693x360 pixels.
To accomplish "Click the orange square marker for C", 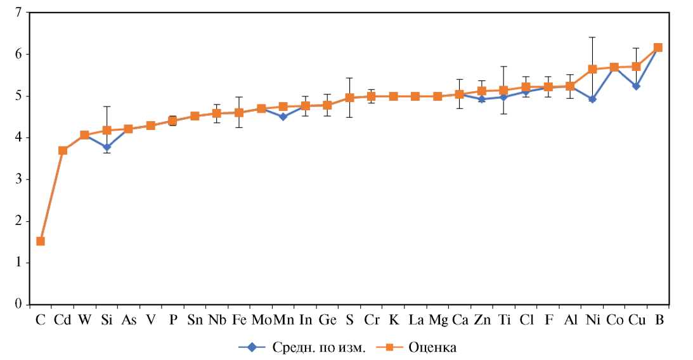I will point(41,241).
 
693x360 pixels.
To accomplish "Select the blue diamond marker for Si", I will point(107,147).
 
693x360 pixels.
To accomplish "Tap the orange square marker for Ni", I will point(592,69).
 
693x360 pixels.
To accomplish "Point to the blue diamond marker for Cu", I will point(636,86).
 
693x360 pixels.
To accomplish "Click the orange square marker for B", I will point(658,48).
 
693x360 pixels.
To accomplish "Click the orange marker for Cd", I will point(63,150).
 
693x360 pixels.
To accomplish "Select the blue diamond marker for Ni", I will point(592,99).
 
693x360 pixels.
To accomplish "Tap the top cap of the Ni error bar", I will point(592,37).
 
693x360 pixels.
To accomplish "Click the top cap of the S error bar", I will point(349,78).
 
